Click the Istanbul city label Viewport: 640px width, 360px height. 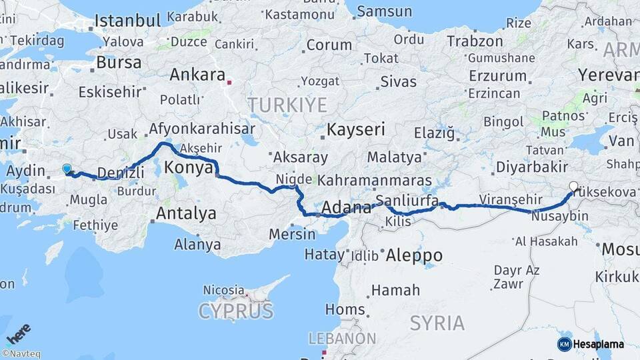[127, 21]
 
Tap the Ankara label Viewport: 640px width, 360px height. [197, 75]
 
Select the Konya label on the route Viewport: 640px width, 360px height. [189, 167]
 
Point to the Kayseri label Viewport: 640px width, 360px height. [357, 129]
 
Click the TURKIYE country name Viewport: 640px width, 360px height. [287, 105]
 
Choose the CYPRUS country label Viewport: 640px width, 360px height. [235, 311]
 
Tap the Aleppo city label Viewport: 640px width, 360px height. [414, 255]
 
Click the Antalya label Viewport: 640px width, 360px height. [186, 213]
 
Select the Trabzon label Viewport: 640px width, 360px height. [474, 41]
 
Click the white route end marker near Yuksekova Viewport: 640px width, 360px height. [573, 187]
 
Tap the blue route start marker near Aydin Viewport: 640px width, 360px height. [67, 169]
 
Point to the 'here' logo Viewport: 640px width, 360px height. [18, 333]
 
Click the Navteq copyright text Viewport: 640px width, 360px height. [21, 354]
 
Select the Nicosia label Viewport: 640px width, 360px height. [223, 290]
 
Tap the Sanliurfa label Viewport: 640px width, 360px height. [407, 201]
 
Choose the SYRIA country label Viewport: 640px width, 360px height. [437, 323]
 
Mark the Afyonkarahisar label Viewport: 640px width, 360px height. [203, 129]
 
